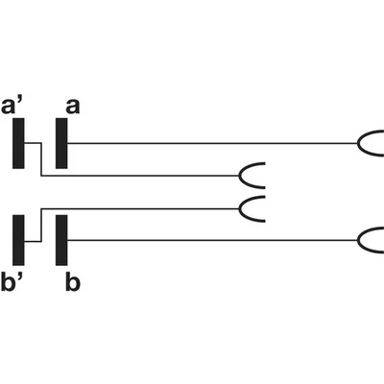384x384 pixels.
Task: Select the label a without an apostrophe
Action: tap(73, 107)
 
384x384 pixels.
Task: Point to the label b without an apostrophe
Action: tap(73, 283)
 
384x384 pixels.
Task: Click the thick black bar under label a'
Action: tap(18, 143)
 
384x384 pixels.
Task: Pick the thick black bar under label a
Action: tap(61, 143)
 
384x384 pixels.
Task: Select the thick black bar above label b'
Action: tap(18, 240)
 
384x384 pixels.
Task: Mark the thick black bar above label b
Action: tap(61, 240)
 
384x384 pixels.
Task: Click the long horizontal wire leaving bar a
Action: tap(212, 143)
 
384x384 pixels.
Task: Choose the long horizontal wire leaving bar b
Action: tap(212, 240)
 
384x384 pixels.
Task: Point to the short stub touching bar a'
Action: tap(33, 143)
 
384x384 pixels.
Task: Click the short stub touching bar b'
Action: tap(33, 241)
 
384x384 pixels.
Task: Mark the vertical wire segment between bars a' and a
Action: tap(41, 159)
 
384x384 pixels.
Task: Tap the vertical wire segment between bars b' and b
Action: tap(41, 225)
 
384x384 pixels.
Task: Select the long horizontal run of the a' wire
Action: tap(140, 176)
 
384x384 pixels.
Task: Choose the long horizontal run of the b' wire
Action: tap(140, 209)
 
